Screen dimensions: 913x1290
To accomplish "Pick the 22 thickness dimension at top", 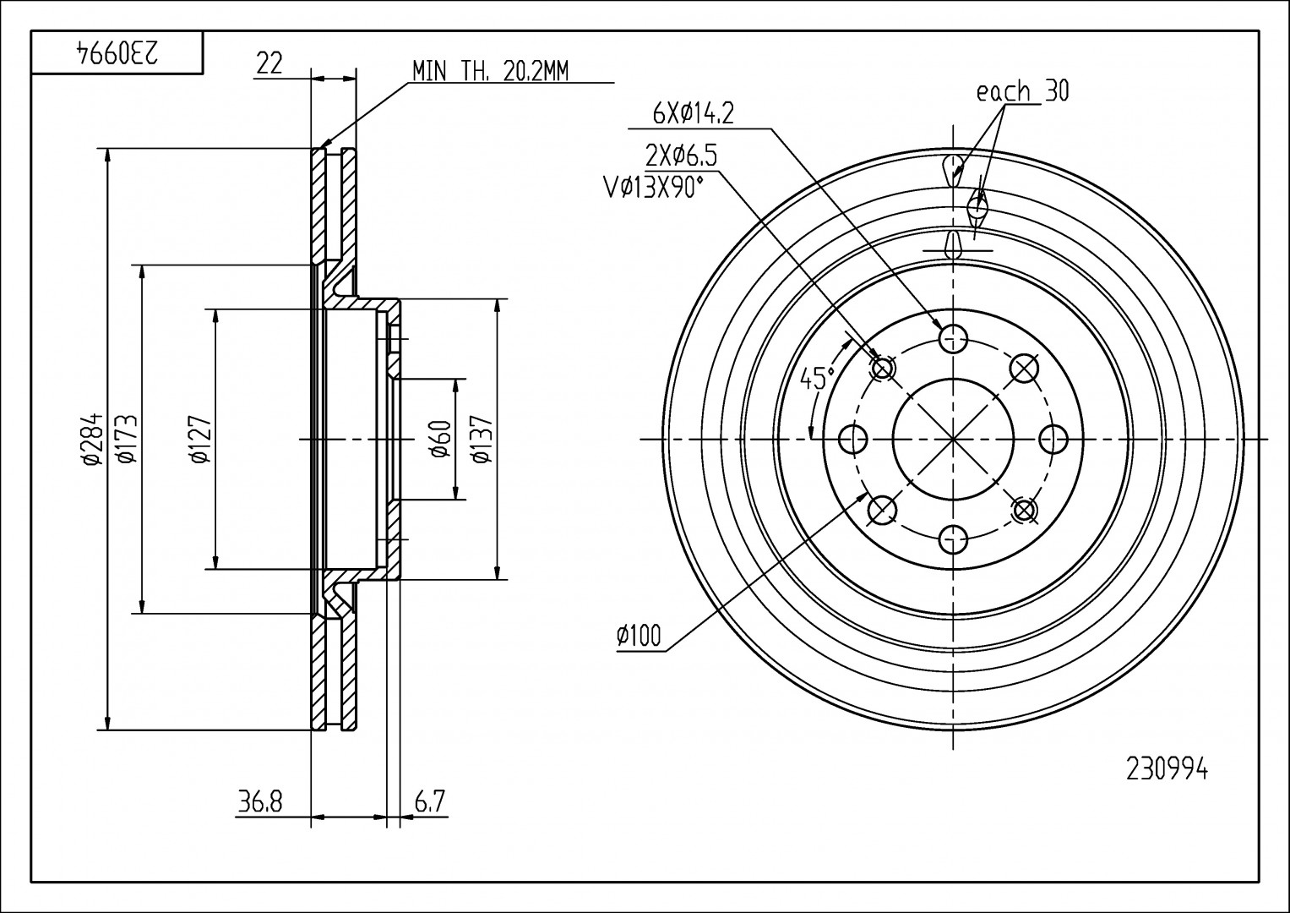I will click(269, 64).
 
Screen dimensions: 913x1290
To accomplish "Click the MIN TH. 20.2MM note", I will click(490, 71).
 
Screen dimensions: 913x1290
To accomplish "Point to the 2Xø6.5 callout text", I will click(681, 156).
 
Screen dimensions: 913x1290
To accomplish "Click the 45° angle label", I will click(817, 378).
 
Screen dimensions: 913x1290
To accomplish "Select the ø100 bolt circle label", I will click(639, 635).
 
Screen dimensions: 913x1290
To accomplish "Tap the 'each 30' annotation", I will click(1022, 91).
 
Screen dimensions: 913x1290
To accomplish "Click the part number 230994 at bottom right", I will click(1167, 770).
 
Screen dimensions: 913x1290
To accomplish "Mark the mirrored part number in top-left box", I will click(117, 52).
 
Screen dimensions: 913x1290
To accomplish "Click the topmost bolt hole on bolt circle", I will click(953, 338).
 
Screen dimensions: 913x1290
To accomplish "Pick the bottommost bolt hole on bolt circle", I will click(953, 539).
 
